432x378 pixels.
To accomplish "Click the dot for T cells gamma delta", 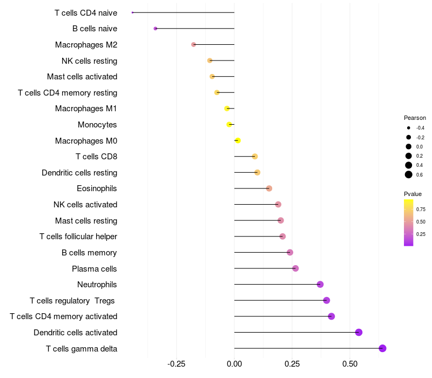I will pos(382,348).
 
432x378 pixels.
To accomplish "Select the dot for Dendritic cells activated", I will pos(359,332).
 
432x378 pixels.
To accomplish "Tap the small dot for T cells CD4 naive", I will pos(132,12).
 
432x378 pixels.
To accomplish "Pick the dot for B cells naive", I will pos(156,28).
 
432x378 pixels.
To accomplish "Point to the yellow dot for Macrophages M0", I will pos(238,140).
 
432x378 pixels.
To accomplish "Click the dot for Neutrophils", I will pos(320,285).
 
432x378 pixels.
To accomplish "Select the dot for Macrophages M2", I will pos(193,44).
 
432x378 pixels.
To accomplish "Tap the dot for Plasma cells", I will pos(295,268).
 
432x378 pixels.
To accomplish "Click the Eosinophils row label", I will pos(97,188).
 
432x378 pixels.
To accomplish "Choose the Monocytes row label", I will pos(97,125).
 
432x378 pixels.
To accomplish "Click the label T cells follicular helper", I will pos(78,237).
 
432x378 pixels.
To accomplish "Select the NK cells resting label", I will pos(90,60).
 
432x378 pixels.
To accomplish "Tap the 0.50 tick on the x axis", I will pos(350,364).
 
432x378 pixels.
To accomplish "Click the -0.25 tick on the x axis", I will pos(176,364).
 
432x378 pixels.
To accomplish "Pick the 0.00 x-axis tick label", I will pos(234,364).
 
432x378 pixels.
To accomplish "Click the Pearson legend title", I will pos(415,118).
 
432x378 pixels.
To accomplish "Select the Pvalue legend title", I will pos(413,194).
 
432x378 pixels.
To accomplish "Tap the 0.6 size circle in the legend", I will pos(409,174).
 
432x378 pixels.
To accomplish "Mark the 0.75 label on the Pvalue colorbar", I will pos(421,210).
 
